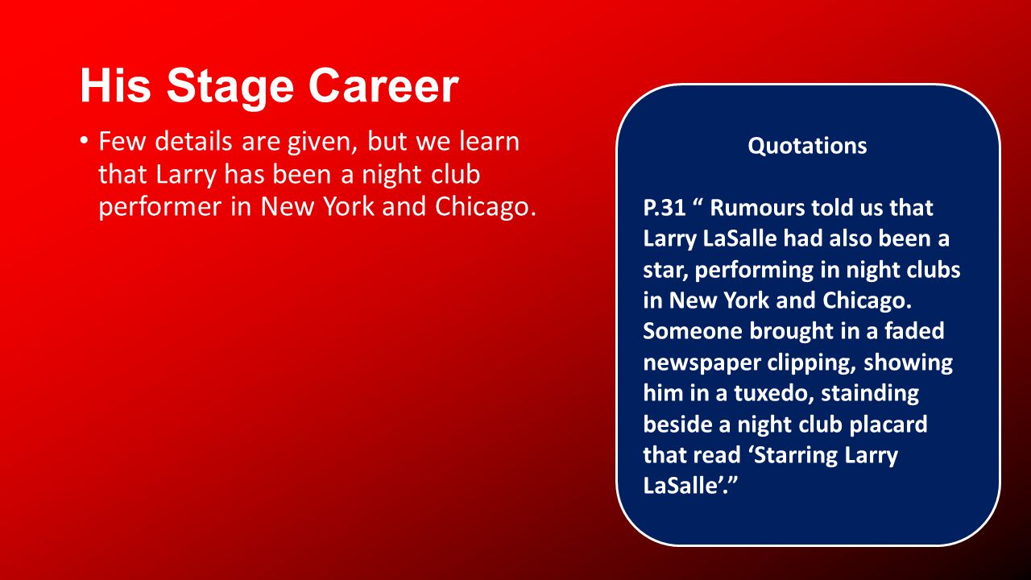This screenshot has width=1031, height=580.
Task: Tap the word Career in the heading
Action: coord(383,86)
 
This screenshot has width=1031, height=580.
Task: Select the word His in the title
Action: coord(115,85)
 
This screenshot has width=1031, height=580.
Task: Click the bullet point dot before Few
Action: coord(83,140)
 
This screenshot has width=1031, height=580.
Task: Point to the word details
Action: coord(195,141)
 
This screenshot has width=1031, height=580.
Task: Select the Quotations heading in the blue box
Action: coord(807,147)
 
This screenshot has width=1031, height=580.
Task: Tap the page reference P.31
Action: coord(665,208)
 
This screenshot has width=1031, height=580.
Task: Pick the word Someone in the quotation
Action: coord(692,331)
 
